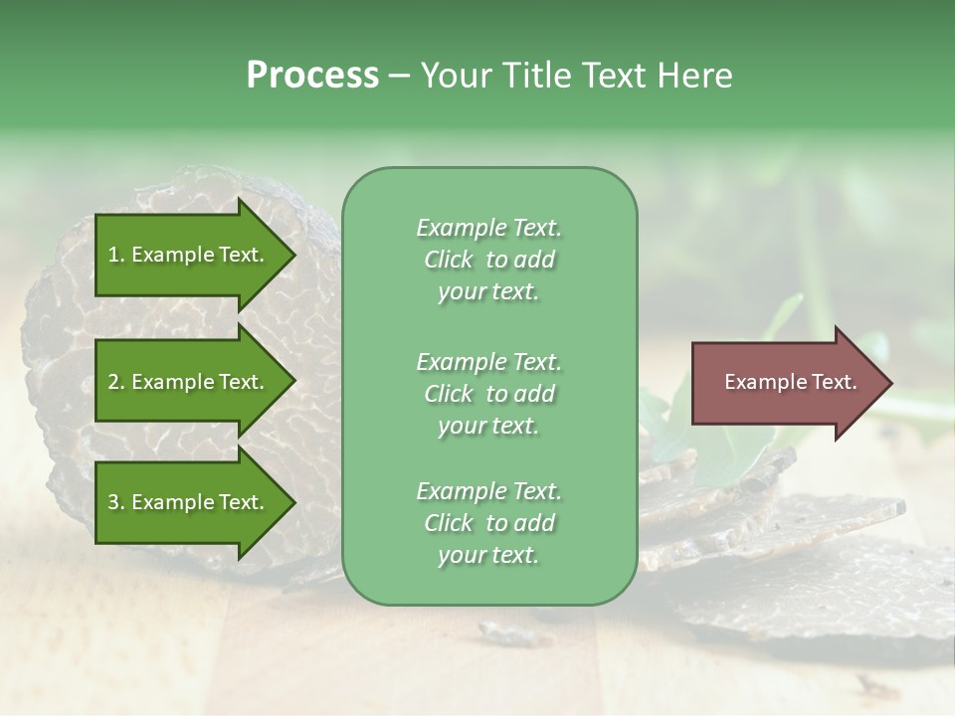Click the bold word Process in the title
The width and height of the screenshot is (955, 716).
click(x=312, y=76)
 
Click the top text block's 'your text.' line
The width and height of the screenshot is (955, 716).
click(x=488, y=292)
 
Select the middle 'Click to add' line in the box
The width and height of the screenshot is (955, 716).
click(x=488, y=394)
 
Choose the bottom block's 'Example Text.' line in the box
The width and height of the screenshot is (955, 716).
click(x=488, y=491)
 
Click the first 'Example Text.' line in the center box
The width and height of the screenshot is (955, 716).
click(x=488, y=228)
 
